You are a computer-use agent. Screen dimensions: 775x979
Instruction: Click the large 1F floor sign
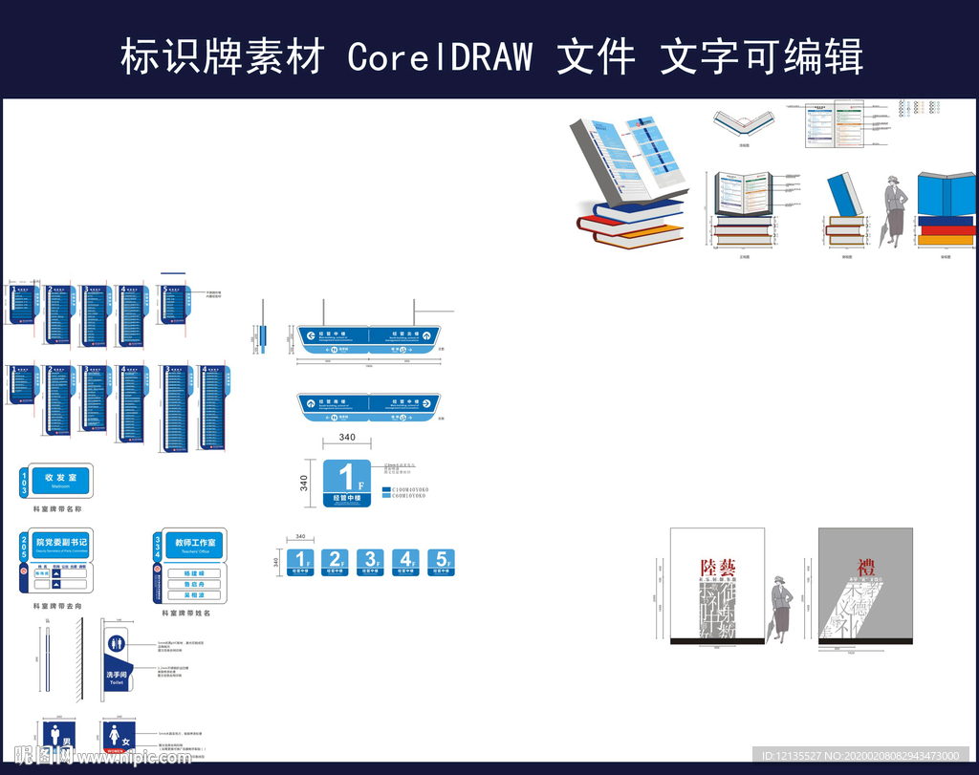tap(345, 482)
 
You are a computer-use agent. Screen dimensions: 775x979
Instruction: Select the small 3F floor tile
tap(370, 562)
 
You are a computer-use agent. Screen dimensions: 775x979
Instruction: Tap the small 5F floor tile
tap(441, 562)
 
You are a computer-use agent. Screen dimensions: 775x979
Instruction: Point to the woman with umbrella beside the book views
tap(895, 211)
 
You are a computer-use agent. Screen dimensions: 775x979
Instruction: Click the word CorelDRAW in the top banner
tap(439, 57)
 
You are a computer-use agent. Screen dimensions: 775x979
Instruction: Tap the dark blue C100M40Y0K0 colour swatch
tap(386, 488)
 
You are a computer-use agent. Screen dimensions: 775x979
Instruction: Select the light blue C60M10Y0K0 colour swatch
tap(386, 496)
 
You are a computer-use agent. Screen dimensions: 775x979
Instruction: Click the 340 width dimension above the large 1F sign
tap(347, 438)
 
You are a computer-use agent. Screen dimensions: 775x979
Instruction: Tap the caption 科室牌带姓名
tap(185, 613)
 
